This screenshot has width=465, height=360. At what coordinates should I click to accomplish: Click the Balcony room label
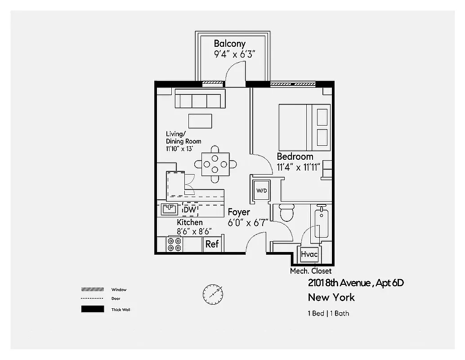pyautogui.click(x=229, y=44)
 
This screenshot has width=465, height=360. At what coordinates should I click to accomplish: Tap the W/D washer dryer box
pyautogui.click(x=262, y=190)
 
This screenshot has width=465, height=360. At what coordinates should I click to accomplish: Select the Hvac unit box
pyautogui.click(x=309, y=254)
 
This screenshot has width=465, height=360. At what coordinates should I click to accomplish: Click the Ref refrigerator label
pyautogui.click(x=212, y=244)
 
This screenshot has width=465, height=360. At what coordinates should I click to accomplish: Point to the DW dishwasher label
pyautogui.click(x=189, y=210)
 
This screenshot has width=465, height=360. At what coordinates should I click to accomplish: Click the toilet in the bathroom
pyautogui.click(x=286, y=212)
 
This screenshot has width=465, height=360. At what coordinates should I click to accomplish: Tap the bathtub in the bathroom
pyautogui.click(x=322, y=223)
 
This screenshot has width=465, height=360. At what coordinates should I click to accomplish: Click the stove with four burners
pyautogui.click(x=174, y=244)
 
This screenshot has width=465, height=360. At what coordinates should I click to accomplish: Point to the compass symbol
pyautogui.click(x=213, y=294)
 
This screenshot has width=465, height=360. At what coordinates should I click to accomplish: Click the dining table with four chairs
pyautogui.click(x=215, y=164)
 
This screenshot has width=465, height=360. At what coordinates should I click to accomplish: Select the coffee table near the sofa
pyautogui.click(x=200, y=121)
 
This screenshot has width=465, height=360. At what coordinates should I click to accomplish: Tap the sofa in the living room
pyautogui.click(x=200, y=99)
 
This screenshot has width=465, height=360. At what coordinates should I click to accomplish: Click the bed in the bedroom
pyautogui.click(x=304, y=127)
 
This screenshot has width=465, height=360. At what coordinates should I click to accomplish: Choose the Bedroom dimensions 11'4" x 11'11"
pyautogui.click(x=298, y=167)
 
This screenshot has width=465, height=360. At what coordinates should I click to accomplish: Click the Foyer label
pyautogui.click(x=239, y=212)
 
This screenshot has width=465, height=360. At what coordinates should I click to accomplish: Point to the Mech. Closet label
pyautogui.click(x=311, y=271)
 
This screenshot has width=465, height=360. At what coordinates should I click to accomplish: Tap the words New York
pyautogui.click(x=331, y=297)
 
